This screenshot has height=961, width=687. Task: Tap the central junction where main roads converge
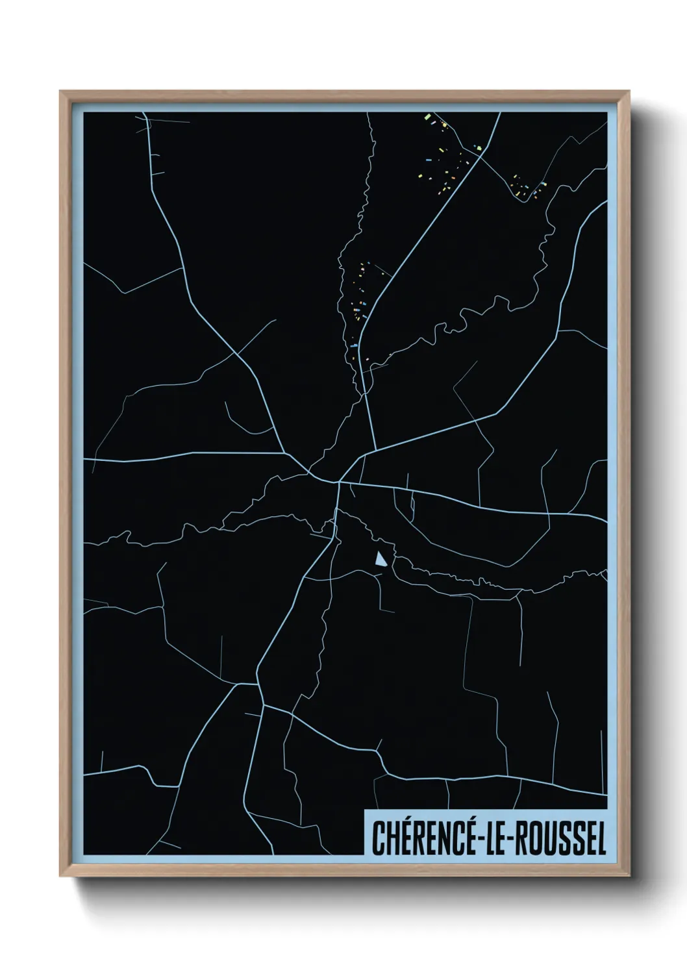click(x=338, y=482)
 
